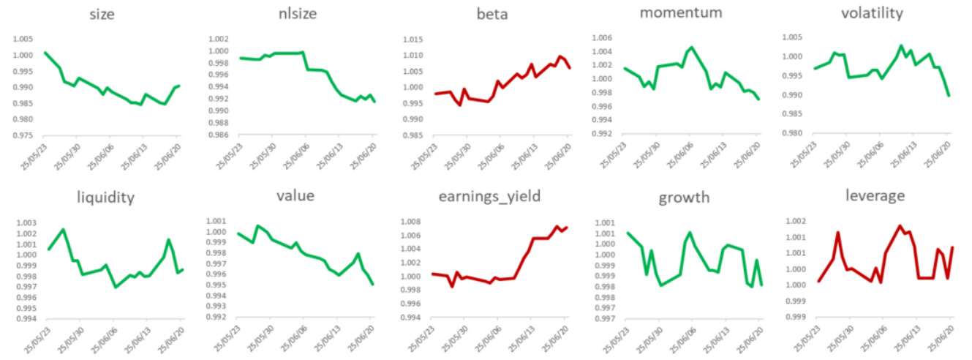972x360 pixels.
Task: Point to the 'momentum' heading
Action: point(683,13)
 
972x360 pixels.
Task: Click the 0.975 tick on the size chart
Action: point(22,135)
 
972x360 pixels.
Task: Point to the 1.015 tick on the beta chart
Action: point(413,39)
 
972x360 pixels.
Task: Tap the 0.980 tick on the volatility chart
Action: point(795,134)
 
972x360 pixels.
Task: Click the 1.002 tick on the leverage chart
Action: point(795,222)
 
